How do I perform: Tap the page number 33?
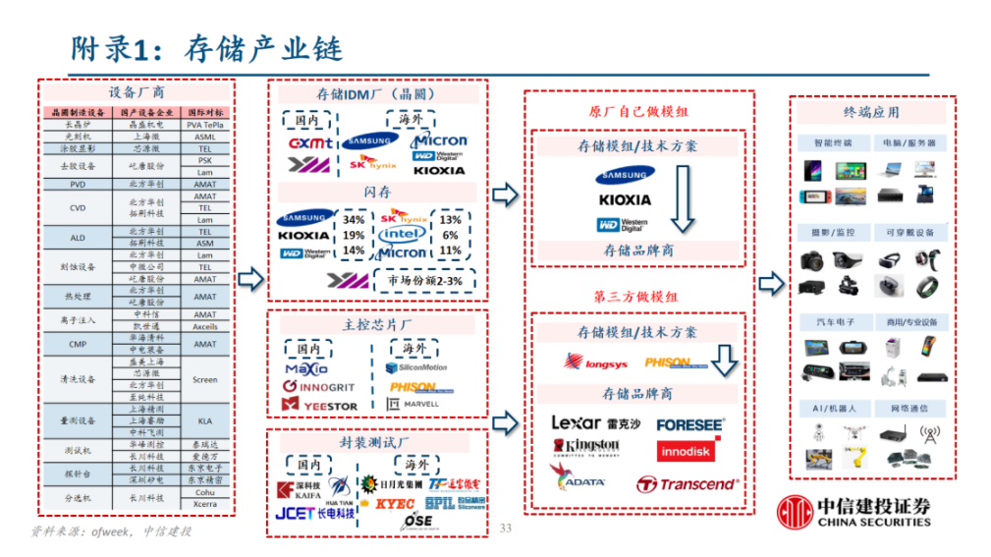pyautogui.click(x=507, y=529)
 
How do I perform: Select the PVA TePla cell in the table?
pyautogui.click(x=205, y=126)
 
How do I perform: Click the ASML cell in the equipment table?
pyautogui.click(x=205, y=138)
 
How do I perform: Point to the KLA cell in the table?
pyautogui.click(x=205, y=420)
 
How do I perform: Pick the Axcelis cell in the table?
pyautogui.click(x=205, y=326)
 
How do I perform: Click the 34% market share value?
pyautogui.click(x=354, y=220)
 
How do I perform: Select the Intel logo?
pyautogui.click(x=403, y=235)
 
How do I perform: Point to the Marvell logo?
pyautogui.click(x=413, y=404)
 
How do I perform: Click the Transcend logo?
pyautogui.click(x=687, y=483)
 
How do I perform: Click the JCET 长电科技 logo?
pyautogui.click(x=308, y=513)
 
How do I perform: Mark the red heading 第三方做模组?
pyautogui.click(x=635, y=296)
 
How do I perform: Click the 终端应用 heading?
pyautogui.click(x=871, y=112)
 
